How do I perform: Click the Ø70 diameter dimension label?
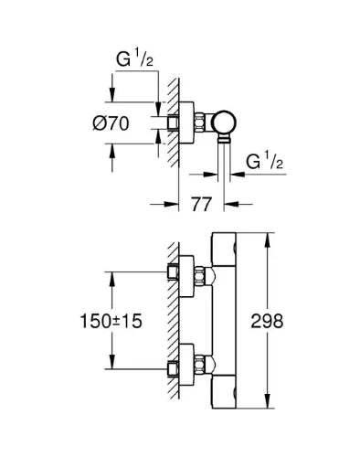[x=111, y=123]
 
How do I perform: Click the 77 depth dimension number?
[x=201, y=204]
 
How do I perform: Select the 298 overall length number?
[x=267, y=321]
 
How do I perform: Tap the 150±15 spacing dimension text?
[x=111, y=321]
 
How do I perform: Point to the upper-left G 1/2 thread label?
[x=134, y=59]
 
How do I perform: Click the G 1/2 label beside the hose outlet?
[x=264, y=162]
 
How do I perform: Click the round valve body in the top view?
[x=225, y=123]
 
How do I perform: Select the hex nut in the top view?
[x=199, y=123]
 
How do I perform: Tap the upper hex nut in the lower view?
[x=199, y=276]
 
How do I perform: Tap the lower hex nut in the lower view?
[x=199, y=365]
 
